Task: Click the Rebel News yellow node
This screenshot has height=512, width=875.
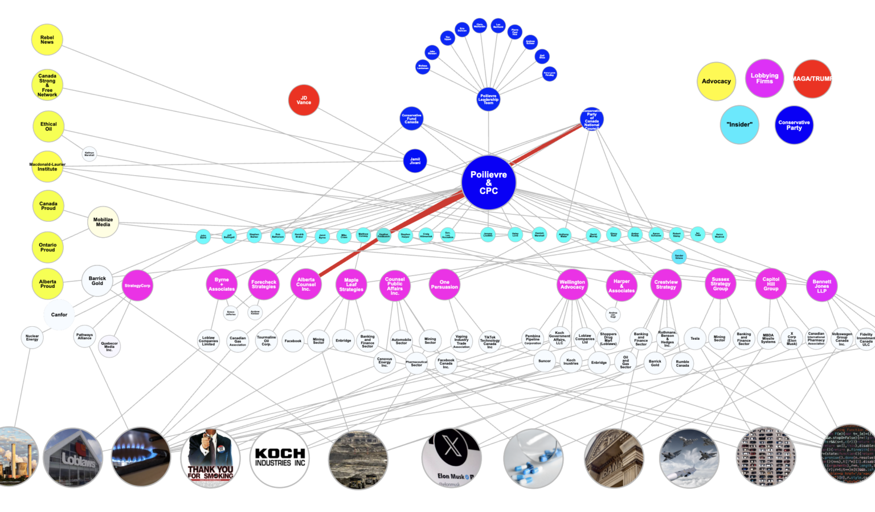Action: [47, 40]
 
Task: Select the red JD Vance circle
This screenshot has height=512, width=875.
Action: [304, 100]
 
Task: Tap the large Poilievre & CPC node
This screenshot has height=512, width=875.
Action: [488, 182]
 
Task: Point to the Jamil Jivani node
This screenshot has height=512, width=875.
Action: [415, 161]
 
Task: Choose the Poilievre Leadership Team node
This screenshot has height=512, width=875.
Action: [488, 99]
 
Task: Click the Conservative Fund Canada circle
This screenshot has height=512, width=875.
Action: [411, 119]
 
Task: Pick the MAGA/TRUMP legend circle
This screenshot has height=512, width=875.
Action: [812, 79]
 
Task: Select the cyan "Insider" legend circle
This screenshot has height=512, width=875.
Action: [739, 124]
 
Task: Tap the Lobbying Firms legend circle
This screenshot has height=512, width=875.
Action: [764, 78]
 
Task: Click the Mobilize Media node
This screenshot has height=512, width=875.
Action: [103, 222]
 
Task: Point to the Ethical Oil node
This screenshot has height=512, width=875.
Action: [48, 127]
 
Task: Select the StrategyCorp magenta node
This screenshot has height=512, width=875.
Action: [137, 285]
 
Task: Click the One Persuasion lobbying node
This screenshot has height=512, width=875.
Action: [444, 285]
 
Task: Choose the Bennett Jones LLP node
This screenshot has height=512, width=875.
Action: [821, 286]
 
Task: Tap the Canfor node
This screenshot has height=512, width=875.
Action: [59, 315]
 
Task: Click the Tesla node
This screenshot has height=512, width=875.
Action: [695, 339]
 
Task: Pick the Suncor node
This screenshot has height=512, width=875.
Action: [545, 361]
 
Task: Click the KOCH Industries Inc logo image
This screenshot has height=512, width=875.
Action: [280, 458]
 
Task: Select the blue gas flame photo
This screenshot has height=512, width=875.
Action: [141, 457]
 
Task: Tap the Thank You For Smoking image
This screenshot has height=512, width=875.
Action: [210, 458]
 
